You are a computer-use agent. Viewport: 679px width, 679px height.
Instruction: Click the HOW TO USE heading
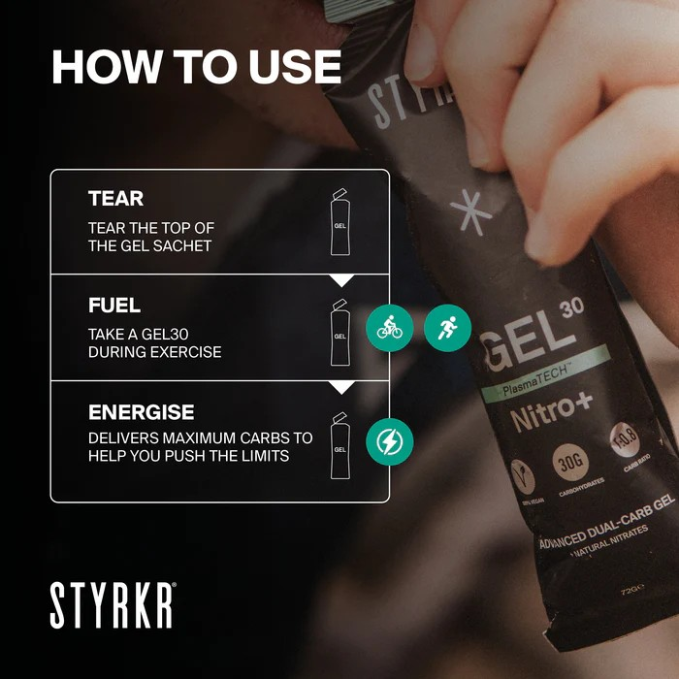click(196, 67)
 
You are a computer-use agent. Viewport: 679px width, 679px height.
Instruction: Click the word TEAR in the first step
click(115, 199)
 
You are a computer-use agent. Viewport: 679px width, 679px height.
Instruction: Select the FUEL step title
click(114, 306)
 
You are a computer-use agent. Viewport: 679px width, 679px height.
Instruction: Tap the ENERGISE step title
click(141, 412)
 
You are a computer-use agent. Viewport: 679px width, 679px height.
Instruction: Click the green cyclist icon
click(389, 328)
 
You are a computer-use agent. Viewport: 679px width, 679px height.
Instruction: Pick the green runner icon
click(447, 328)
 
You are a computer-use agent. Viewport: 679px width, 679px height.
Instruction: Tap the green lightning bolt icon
click(389, 442)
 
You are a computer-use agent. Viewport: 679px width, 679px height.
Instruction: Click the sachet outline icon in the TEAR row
click(339, 222)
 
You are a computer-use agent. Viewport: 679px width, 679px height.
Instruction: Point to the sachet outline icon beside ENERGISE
click(339, 445)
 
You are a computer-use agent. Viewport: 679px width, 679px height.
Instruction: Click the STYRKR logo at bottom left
click(113, 606)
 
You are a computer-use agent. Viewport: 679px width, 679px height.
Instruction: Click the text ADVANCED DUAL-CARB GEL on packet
click(606, 532)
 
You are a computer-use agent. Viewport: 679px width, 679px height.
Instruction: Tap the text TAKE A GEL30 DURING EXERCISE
click(154, 342)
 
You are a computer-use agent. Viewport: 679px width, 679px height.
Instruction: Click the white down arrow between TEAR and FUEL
click(340, 280)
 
